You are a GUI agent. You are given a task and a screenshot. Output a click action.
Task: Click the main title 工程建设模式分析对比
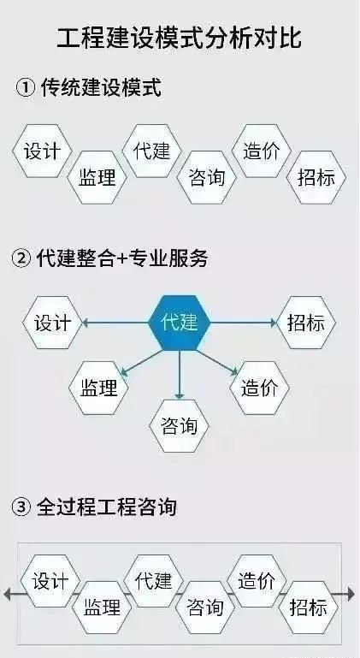pyautogui.click(x=180, y=39)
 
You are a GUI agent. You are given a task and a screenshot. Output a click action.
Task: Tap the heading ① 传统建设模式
pyautogui.click(x=88, y=88)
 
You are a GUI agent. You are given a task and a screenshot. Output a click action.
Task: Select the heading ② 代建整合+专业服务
pyautogui.click(x=109, y=258)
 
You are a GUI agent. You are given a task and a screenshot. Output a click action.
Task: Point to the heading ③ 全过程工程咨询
pyautogui.click(x=93, y=507)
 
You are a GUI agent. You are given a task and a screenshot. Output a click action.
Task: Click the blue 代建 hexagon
pyautogui.click(x=180, y=323)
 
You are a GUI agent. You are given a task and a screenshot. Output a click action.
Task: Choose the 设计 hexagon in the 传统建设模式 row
pyautogui.click(x=42, y=151)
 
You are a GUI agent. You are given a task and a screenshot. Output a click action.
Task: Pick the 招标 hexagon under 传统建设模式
pyautogui.click(x=316, y=177)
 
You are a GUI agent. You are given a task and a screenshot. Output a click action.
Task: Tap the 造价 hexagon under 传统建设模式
pyautogui.click(x=262, y=151)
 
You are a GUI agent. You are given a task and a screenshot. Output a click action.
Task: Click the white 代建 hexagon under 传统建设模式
pyautogui.click(x=152, y=151)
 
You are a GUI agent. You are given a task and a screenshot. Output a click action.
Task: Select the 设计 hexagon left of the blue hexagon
pyautogui.click(x=52, y=323)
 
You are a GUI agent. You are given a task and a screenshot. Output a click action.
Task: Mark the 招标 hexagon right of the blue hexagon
pyautogui.click(x=306, y=323)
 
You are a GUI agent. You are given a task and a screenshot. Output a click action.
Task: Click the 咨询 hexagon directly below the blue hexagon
pyautogui.click(x=180, y=425)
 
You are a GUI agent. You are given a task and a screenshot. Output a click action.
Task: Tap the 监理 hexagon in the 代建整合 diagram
pyautogui.click(x=98, y=388)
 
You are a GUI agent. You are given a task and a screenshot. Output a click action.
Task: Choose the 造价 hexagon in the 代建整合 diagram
pyautogui.click(x=259, y=388)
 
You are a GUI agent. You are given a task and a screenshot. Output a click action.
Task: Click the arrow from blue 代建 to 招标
pyautogui.click(x=244, y=323)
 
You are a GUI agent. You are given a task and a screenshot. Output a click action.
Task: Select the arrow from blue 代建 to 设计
pyautogui.click(x=115, y=323)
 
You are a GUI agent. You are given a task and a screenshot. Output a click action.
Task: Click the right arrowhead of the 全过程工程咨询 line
pyautogui.click(x=351, y=594)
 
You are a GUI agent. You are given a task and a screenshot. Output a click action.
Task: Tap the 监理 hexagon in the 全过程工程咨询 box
pyautogui.click(x=102, y=608)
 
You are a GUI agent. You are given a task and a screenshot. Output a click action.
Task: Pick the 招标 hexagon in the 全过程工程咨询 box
pyautogui.click(x=309, y=608)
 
